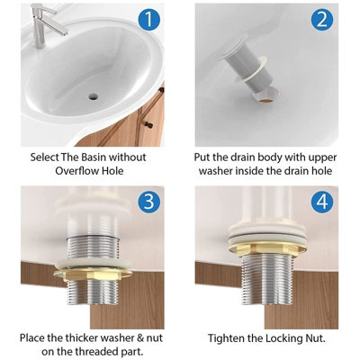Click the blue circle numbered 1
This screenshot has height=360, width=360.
[149, 20]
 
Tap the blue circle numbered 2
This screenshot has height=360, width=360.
[322, 20]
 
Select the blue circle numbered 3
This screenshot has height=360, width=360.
[149, 202]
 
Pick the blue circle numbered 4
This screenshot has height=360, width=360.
[322, 202]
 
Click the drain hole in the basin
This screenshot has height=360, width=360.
[94, 96]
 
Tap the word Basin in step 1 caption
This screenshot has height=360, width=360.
[92, 157]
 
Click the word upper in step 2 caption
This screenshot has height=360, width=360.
[321, 158]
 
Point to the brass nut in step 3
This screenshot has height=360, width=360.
[93, 274]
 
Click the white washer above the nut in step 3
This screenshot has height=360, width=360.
[93, 263]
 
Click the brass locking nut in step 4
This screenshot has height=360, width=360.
[267, 247]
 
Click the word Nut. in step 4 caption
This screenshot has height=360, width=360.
[314, 338]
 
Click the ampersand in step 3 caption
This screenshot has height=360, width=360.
[140, 337]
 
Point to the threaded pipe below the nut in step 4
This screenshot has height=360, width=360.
[267, 277]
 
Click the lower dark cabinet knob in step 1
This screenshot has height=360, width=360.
[148, 124]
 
